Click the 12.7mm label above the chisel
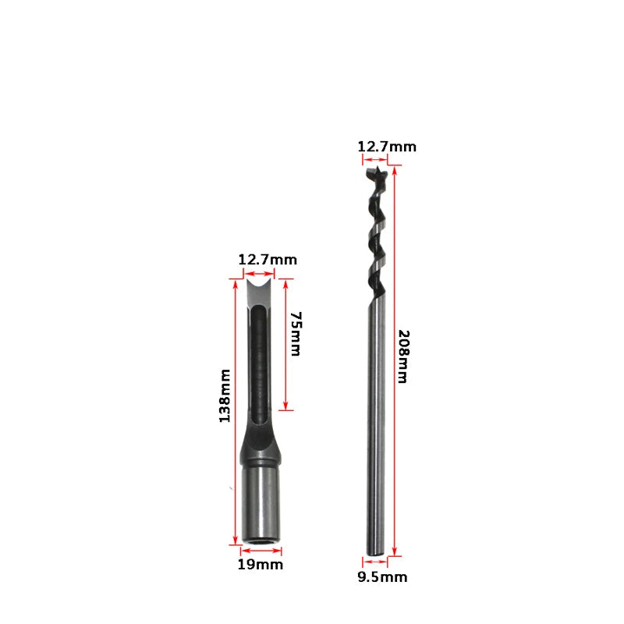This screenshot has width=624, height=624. pyautogui.click(x=268, y=260)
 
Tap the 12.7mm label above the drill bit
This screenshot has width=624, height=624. pyautogui.click(x=387, y=147)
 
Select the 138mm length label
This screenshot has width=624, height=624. pyautogui.click(x=225, y=395)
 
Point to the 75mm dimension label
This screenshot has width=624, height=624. pyautogui.click(x=296, y=334)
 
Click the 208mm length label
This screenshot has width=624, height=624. pyautogui.click(x=403, y=356)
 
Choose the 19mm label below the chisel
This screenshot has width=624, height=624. pyautogui.click(x=261, y=564)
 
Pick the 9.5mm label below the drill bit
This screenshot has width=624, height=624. pyautogui.click(x=382, y=577)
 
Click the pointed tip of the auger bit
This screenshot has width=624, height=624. pyautogui.click(x=376, y=168)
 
